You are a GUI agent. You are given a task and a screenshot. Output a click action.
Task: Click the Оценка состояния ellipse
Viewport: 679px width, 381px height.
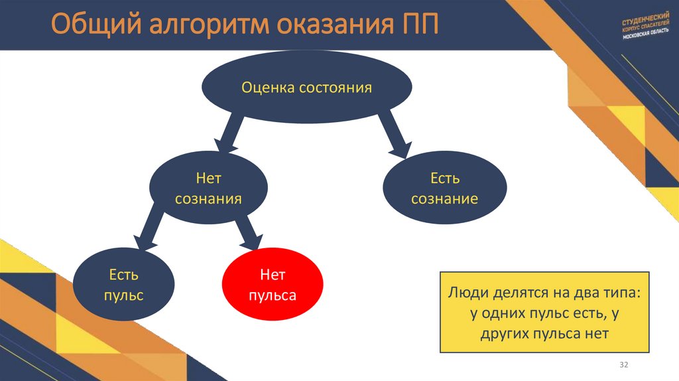click(x=306, y=88)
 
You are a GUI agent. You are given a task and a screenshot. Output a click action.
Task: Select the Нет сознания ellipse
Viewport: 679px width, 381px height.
click(x=208, y=189)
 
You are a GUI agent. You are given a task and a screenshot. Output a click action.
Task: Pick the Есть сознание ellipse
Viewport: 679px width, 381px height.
click(x=444, y=189)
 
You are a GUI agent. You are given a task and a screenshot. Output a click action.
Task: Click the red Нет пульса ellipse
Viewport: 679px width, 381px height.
click(x=272, y=284)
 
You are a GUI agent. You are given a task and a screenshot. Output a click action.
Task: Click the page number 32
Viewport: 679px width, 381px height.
click(x=623, y=366)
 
